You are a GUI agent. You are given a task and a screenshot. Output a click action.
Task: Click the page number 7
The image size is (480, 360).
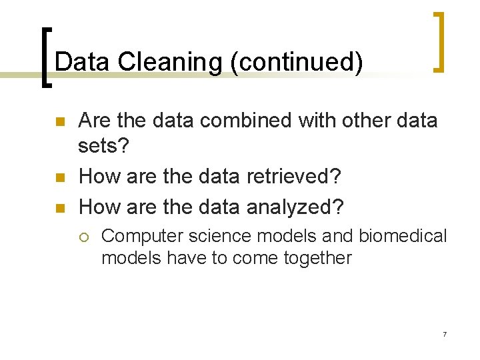[445, 333]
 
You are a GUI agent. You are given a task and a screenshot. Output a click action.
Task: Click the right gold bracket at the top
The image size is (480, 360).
[438, 41]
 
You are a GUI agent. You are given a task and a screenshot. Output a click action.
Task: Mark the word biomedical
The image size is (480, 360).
[403, 236]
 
